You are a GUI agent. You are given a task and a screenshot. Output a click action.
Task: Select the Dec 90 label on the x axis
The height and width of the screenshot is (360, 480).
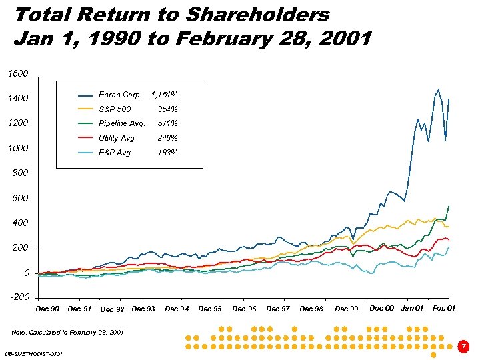47,309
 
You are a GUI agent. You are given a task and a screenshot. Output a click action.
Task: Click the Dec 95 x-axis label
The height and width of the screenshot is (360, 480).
210,309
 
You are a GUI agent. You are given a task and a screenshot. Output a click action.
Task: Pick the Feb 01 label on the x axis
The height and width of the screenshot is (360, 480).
444,308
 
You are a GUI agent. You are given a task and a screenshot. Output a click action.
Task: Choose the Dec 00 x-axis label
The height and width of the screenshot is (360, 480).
381,308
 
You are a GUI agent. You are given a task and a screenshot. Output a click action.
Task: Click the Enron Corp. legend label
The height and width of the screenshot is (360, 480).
120,95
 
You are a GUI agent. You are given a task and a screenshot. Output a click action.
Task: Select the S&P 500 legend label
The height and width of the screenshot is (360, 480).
115,109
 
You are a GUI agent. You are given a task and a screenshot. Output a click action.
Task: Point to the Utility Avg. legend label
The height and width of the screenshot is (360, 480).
117,138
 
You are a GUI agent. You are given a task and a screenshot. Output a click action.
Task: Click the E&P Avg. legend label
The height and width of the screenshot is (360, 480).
115,153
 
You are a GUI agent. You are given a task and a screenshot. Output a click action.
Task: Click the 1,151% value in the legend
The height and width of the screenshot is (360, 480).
165,95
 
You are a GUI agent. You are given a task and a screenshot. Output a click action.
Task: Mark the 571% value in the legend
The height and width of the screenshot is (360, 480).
167,123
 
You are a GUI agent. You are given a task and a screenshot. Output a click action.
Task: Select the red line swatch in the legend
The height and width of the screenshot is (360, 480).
85,138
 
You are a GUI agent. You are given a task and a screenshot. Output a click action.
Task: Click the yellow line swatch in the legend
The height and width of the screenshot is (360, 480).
85,109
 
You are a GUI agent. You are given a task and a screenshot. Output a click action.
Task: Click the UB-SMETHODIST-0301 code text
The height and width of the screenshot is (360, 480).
33,353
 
